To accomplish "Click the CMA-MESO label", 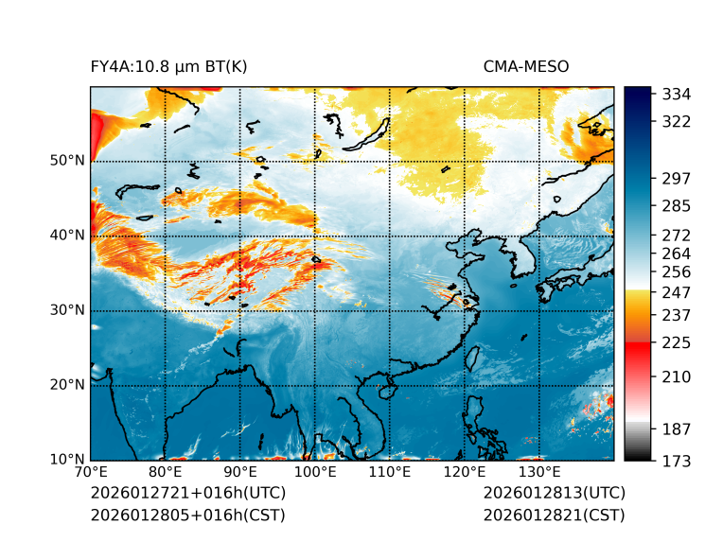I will (526, 66).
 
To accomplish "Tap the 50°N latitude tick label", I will (67, 161).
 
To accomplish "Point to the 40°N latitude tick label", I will (67, 236).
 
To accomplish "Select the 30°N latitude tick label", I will (67, 310).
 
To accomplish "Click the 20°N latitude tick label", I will (67, 385).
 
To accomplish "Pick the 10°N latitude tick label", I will (67, 460).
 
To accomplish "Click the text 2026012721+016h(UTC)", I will (187, 494).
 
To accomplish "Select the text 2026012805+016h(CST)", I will (187, 516).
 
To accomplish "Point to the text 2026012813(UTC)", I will (554, 494).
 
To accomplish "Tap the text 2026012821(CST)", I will (554, 516).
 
